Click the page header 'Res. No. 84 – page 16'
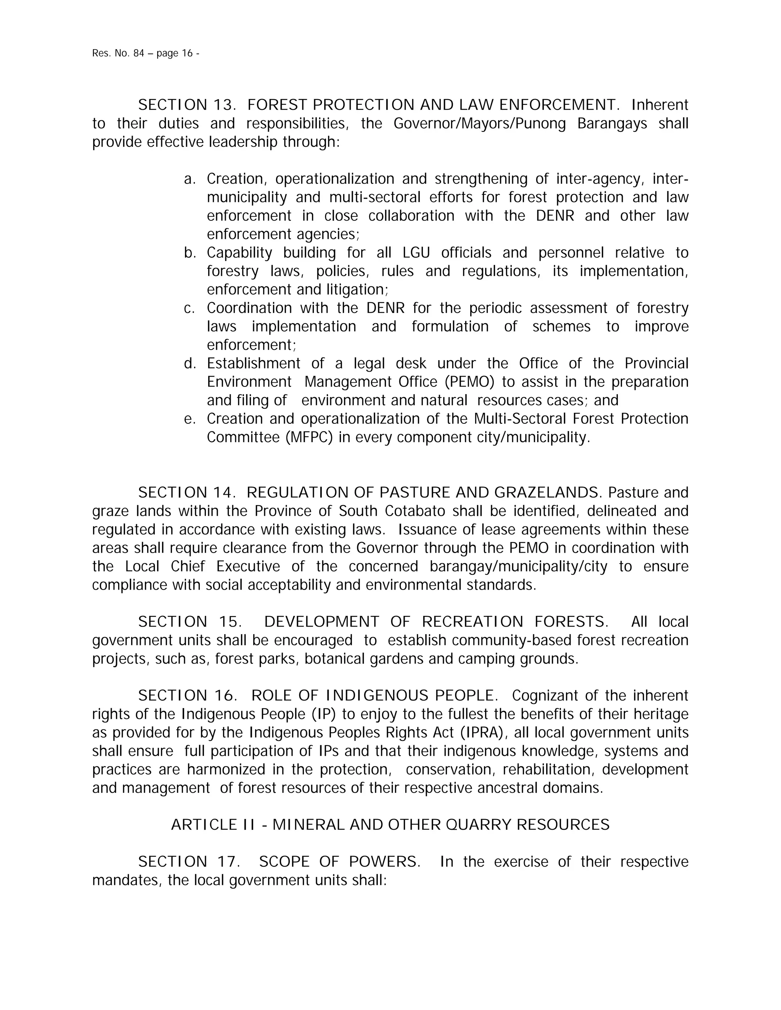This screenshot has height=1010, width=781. (146, 53)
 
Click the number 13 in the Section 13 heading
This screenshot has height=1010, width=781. (224, 105)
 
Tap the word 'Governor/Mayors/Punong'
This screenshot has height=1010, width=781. (479, 123)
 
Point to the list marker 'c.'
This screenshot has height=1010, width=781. (190, 308)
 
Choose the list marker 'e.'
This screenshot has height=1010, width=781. (190, 418)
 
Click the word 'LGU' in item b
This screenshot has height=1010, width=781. (416, 252)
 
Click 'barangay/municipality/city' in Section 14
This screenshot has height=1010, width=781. (518, 566)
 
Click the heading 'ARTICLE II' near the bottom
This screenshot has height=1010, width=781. (213, 824)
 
